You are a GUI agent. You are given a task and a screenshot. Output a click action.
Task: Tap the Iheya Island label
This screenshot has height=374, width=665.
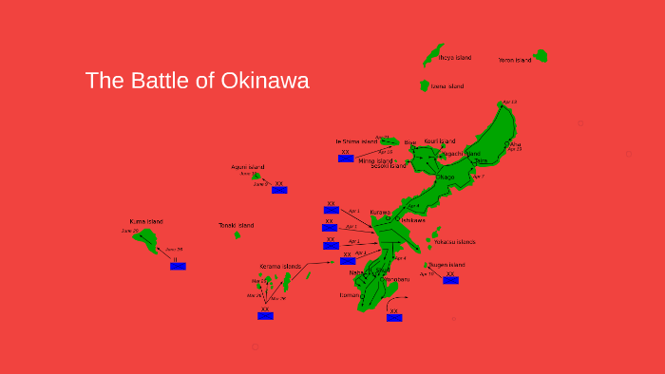pyautogui.click(x=455, y=58)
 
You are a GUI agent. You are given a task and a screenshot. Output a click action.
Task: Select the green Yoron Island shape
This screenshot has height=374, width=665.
pyautogui.click(x=541, y=56)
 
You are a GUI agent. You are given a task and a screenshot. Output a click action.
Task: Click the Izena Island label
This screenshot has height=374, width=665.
pyautogui.click(x=447, y=86)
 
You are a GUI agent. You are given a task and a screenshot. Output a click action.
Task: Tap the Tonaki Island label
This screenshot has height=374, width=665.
pyautogui.click(x=236, y=225)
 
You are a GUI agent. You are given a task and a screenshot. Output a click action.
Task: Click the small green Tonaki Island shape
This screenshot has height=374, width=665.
pyautogui.click(x=237, y=234)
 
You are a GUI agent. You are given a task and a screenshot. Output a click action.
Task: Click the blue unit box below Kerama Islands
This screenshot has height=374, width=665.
pyautogui.click(x=265, y=316)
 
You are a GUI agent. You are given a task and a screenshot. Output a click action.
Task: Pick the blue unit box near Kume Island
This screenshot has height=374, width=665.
pyautogui.click(x=178, y=267)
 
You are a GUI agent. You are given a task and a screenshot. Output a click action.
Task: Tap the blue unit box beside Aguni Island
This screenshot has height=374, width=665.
pyautogui.click(x=279, y=190)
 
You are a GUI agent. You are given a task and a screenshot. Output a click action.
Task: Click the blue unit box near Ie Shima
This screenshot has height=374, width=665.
pyautogui.click(x=346, y=159)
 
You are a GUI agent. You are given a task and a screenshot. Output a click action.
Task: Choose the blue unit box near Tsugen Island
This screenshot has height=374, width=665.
pyautogui.click(x=450, y=280)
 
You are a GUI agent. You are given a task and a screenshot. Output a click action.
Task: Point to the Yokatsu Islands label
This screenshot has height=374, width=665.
pyautogui.click(x=455, y=242)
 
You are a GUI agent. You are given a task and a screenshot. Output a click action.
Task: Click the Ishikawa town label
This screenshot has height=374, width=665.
pyautogui.click(x=412, y=220)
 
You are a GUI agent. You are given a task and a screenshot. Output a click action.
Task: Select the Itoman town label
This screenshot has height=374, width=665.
pyautogui.click(x=350, y=295)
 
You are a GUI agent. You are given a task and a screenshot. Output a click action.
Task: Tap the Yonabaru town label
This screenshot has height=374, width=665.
pyautogui.click(x=395, y=279)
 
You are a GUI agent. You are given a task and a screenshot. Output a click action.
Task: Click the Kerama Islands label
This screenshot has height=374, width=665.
pyautogui.click(x=279, y=267)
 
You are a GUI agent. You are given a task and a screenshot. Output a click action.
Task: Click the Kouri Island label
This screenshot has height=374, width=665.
pyautogui.click(x=440, y=141)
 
